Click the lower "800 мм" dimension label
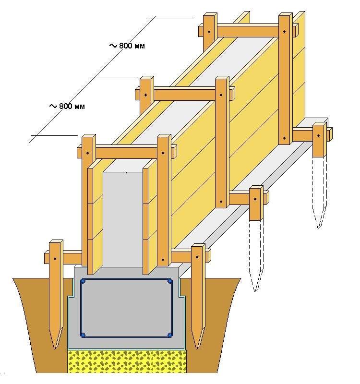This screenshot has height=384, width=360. coord(71,106)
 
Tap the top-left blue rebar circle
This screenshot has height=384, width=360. coord(83,282)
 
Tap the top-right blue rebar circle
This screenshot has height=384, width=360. coord(169,282)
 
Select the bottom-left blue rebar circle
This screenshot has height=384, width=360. coord(83,335)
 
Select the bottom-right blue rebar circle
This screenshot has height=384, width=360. coord(169,335)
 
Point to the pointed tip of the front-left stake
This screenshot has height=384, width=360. coord(54,347)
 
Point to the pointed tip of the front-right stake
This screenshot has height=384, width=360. coord(197,347)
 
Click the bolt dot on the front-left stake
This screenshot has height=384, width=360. coord(55,259)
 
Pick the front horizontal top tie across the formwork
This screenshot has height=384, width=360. coord(126,153)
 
